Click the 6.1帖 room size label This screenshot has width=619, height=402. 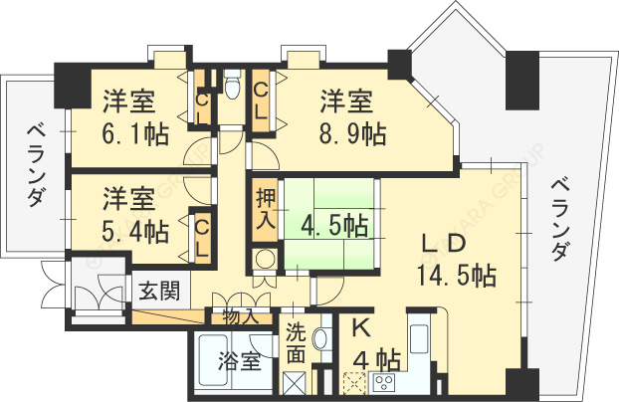pyautogui.click(x=133, y=133)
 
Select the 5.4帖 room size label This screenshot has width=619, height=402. pyautogui.click(x=133, y=231)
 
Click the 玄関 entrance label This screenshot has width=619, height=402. pyautogui.click(x=158, y=291)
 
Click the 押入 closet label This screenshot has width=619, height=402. pyautogui.click(x=265, y=206)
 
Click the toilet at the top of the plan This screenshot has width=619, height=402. pyautogui.click(x=232, y=88)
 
